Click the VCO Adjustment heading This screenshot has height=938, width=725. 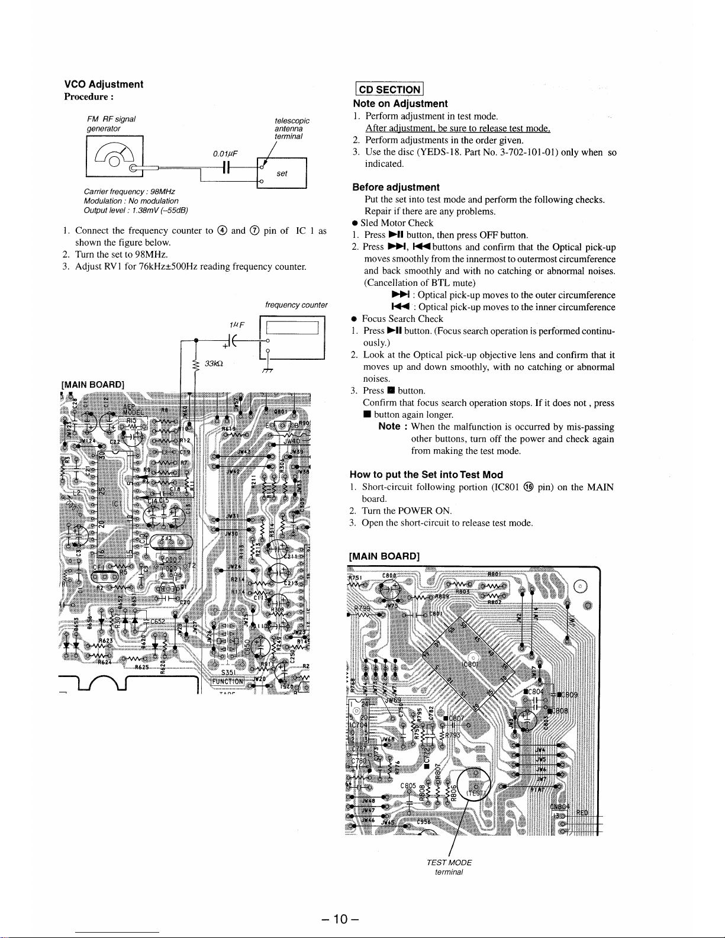(104, 84)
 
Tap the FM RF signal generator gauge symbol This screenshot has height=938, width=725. (115, 156)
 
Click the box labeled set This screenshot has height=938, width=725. (282, 173)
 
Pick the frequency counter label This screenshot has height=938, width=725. (296, 305)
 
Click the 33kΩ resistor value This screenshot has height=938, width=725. (213, 363)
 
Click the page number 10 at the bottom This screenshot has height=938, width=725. (338, 919)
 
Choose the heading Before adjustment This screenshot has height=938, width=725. (395, 187)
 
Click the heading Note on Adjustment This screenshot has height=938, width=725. (399, 104)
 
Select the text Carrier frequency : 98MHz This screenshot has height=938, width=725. (129, 192)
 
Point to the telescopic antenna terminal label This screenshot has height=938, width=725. (292, 128)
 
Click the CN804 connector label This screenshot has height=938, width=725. (559, 806)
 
